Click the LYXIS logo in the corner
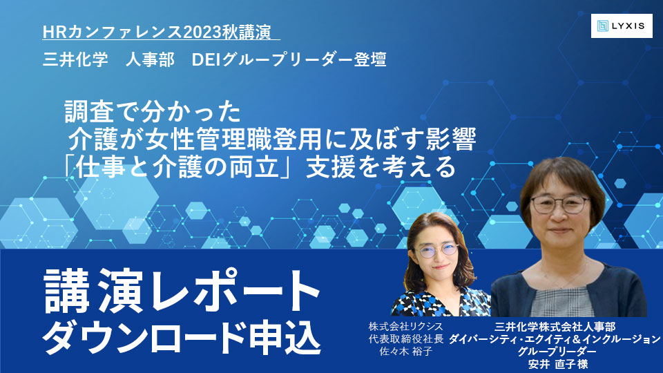pyautogui.click(x=622, y=26)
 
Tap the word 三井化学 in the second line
pyautogui.click(x=76, y=59)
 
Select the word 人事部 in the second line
pyautogui.click(x=150, y=59)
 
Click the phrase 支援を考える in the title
pyautogui.click(x=381, y=167)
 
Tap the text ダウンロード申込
pyautogui.click(x=182, y=338)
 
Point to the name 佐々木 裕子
pyautogui.click(x=406, y=351)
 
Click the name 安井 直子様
pyautogui.click(x=558, y=364)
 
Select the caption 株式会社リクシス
pyautogui.click(x=406, y=327)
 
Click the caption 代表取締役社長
pyautogui.click(x=406, y=338)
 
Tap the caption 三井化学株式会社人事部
pyautogui.click(x=555, y=327)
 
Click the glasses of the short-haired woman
pyautogui.click(x=560, y=204)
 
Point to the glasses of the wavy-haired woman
pyautogui.click(x=439, y=250)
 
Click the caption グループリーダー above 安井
pyautogui.click(x=557, y=352)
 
